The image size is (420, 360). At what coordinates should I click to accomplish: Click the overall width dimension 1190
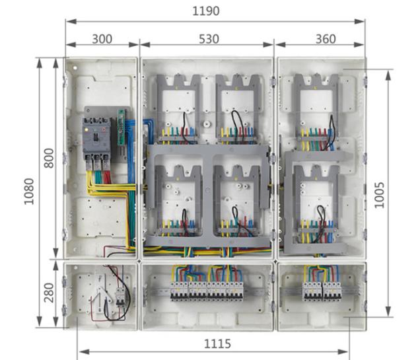click(x=206, y=11)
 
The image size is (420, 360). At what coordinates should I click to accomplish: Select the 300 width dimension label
click(x=102, y=39)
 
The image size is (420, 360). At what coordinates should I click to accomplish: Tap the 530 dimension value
click(x=209, y=39)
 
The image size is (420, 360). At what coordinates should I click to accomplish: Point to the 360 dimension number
click(x=326, y=39)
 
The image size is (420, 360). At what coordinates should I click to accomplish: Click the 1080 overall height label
click(x=29, y=192)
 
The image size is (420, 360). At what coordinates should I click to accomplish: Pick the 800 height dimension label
click(x=49, y=158)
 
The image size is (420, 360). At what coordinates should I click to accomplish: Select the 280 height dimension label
click(x=49, y=293)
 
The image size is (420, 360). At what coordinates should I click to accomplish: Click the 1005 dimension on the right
click(x=379, y=195)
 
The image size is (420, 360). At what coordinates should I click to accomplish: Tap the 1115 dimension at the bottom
click(x=217, y=344)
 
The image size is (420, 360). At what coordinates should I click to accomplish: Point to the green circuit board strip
click(x=122, y=127)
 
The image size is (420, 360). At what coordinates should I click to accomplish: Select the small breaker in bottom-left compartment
click(x=120, y=297)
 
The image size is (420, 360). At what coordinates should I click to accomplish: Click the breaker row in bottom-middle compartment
click(x=207, y=291)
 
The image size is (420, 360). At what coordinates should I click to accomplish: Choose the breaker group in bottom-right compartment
click(x=322, y=291)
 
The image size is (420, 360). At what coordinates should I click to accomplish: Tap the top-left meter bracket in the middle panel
click(x=179, y=109)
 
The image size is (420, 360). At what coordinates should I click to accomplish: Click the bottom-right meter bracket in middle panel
click(x=238, y=201)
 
